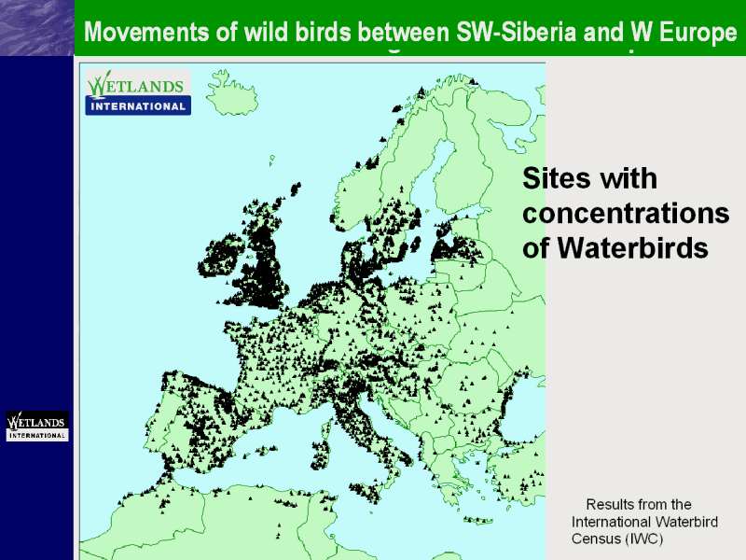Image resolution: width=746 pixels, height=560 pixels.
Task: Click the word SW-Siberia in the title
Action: point(517,33)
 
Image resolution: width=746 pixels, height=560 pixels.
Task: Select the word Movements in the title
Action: point(146,33)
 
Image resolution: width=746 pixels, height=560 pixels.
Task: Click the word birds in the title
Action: point(323,33)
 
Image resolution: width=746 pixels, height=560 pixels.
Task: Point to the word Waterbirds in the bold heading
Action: point(632,248)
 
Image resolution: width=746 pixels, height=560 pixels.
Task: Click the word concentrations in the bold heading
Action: point(626,214)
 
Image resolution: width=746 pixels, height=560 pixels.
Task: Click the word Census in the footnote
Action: point(596,539)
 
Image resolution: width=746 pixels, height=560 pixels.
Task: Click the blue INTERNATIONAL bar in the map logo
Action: point(138,105)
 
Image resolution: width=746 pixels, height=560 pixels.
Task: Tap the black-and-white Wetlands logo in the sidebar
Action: point(37,426)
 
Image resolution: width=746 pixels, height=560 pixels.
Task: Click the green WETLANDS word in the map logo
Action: point(135,85)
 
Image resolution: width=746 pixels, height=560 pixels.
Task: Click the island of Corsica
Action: point(325,428)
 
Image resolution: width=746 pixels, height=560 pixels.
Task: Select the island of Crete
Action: point(478,520)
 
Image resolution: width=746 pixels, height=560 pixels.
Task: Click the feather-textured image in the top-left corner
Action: point(37,28)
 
